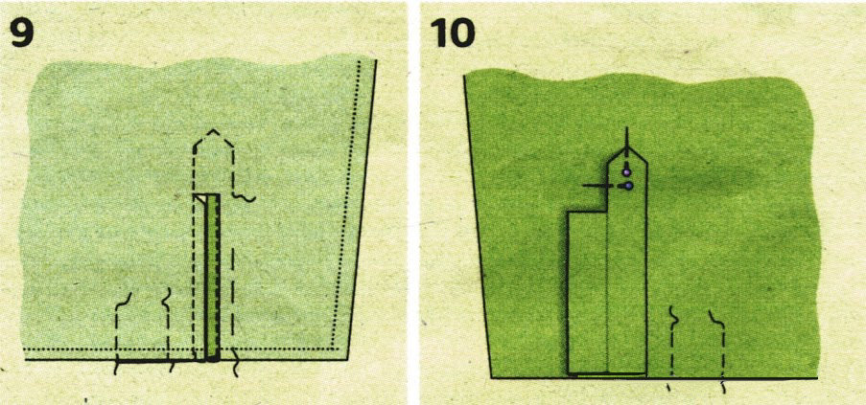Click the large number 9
pyautogui.click(x=21, y=34)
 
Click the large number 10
pyautogui.click(x=452, y=34)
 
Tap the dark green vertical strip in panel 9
pyautogui.click(x=213, y=278)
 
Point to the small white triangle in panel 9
pyautogui.click(x=200, y=199)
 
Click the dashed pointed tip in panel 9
pyautogui.click(x=214, y=131)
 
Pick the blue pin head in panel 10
pyautogui.click(x=628, y=187)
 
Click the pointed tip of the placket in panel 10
pyautogui.click(x=627, y=147)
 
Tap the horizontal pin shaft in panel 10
pyautogui.click(x=603, y=187)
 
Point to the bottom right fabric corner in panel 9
pyautogui.click(x=347, y=360)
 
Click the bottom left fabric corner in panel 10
pyautogui.click(x=492, y=378)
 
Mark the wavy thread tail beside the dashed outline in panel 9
pyautogui.click(x=243, y=197)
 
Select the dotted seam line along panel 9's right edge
pyautogui.click(x=347, y=204)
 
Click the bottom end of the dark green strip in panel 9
pyautogui.click(x=213, y=361)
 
